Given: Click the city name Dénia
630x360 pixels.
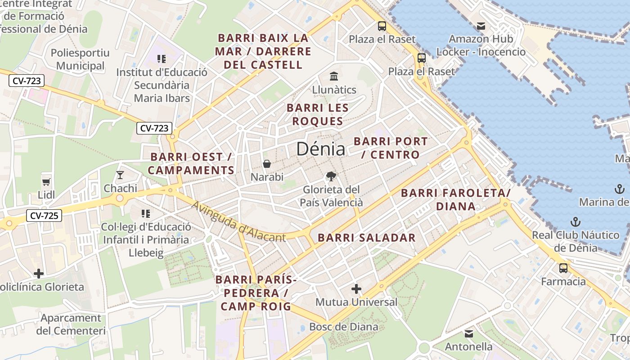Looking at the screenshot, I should [320, 149].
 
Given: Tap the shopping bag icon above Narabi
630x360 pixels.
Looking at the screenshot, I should [267, 164].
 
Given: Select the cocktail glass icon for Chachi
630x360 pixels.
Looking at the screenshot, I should [120, 175].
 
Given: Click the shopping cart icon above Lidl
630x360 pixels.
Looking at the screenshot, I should [46, 182].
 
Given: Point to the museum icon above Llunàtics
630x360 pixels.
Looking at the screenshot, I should [334, 76].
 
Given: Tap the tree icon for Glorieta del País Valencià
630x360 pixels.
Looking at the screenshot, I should [331, 176].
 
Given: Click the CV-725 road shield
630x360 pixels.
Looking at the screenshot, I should [44, 216].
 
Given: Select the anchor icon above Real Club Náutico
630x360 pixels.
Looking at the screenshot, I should [575, 221].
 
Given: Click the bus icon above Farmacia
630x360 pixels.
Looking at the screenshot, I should [563, 268].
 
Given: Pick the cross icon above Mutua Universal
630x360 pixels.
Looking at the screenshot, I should [356, 288].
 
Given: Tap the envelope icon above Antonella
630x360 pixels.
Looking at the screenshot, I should [469, 334].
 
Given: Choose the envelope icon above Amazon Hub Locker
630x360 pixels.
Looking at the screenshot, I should [481, 26].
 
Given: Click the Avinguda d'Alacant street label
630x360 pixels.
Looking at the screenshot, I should [238, 221].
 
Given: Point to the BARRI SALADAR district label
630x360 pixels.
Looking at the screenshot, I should [367, 238].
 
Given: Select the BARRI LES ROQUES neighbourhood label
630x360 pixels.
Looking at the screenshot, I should [318, 114].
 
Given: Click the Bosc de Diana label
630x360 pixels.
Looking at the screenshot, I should [344, 327].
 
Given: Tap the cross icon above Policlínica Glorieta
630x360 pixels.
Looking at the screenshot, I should [39, 273].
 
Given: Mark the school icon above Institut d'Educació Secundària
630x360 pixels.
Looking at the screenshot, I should [162, 58].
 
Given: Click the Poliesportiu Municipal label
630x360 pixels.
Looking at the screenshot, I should [80, 59].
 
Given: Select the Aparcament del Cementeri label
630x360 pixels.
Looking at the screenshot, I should [71, 324].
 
